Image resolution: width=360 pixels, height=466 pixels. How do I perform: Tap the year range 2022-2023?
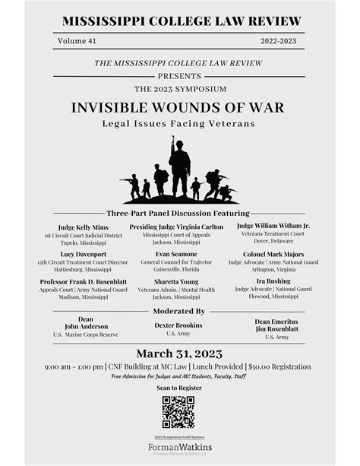tap(279, 41)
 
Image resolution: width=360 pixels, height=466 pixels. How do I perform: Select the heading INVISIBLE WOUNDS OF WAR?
tap(180, 107)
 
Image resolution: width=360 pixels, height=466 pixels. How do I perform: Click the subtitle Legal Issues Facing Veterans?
tap(180, 123)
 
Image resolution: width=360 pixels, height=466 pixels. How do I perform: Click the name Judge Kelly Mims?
tap(84, 227)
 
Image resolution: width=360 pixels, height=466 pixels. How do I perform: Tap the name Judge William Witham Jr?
tap(273, 226)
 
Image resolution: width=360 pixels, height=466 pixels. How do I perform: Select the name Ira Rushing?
tap(273, 281)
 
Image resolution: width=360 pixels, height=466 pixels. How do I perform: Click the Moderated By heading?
tap(179, 311)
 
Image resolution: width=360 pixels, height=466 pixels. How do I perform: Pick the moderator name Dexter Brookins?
tap(179, 325)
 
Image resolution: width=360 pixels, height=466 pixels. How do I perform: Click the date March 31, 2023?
tap(179, 353)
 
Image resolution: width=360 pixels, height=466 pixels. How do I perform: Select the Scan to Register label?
tap(179, 388)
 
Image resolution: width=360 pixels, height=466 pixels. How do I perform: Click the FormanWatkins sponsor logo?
tap(179, 448)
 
